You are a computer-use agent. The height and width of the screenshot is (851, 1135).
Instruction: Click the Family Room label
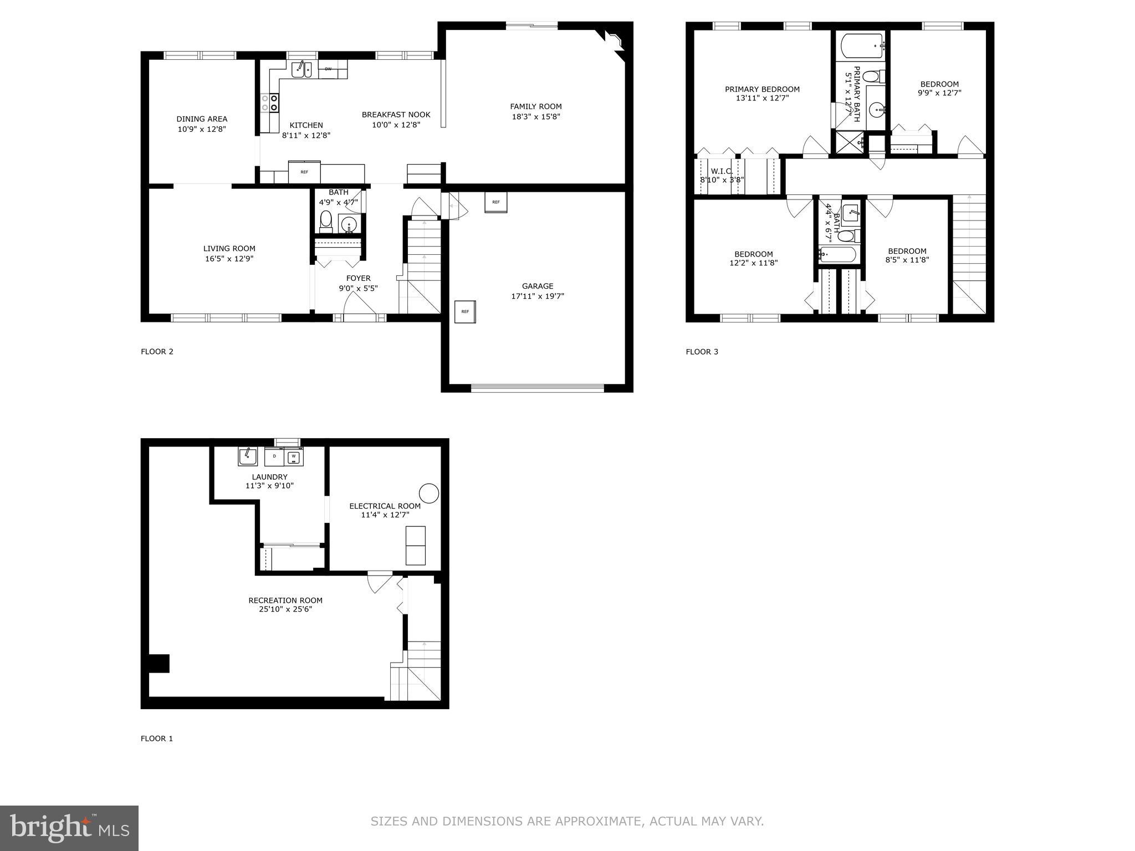tap(535, 106)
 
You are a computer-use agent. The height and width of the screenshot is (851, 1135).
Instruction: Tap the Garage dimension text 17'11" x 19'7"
tap(537, 296)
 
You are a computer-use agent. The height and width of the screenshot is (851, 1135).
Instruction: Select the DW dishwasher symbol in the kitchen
tap(328, 69)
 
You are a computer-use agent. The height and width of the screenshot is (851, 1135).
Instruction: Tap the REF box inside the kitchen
tap(304, 172)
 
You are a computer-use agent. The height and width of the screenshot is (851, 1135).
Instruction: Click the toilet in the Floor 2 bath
tap(326, 220)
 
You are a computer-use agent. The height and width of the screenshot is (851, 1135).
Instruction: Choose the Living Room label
tap(229, 249)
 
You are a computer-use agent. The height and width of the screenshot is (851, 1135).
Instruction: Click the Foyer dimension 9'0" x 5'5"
tap(358, 288)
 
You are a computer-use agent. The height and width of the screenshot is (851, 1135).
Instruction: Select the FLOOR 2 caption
tap(157, 351)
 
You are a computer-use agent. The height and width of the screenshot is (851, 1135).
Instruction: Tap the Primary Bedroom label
tap(762, 89)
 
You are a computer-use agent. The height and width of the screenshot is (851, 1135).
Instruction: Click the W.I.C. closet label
tap(722, 171)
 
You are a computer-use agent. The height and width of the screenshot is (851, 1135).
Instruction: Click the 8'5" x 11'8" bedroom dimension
tap(907, 260)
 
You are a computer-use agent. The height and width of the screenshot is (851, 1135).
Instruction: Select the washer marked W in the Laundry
tap(294, 457)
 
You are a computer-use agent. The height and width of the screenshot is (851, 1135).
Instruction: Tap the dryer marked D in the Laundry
tap(274, 457)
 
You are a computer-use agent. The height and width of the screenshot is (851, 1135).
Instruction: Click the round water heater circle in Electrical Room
tap(428, 493)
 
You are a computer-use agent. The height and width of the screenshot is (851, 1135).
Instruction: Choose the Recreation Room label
tap(285, 600)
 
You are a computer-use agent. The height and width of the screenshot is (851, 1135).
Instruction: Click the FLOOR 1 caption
tap(157, 739)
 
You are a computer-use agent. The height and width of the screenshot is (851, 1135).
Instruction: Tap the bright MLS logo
tap(69, 828)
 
